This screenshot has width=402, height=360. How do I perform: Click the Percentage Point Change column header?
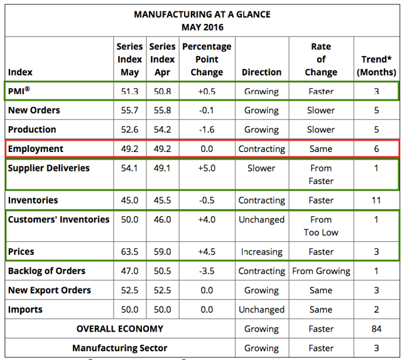[207, 60]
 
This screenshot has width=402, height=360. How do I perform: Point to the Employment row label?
[36, 149]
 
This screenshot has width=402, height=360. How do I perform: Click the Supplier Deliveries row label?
[49, 168]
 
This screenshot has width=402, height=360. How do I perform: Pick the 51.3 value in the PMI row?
[130, 92]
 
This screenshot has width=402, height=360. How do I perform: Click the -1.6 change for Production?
[207, 129]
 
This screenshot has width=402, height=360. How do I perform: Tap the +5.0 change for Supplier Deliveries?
[207, 168]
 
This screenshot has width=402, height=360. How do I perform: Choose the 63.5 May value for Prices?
[130, 252]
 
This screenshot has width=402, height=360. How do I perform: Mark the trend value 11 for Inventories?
[376, 200]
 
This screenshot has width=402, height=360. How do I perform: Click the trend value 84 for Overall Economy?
[376, 329]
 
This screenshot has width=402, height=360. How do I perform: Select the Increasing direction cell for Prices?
[262, 252]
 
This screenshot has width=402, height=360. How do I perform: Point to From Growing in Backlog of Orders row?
[321, 271]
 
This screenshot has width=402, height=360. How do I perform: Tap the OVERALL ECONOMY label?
[120, 329]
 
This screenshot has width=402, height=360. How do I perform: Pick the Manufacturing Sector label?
[120, 348]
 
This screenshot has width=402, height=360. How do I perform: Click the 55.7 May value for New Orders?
[130, 111]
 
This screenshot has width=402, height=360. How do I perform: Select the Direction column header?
[262, 72]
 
